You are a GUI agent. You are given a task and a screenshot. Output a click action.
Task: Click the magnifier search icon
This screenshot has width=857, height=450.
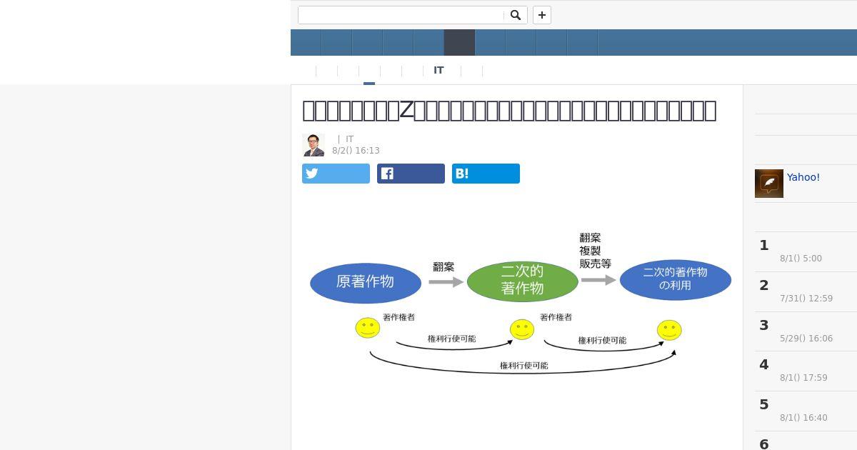(x=515, y=15)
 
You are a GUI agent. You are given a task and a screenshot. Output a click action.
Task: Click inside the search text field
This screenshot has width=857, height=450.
(x=401, y=15)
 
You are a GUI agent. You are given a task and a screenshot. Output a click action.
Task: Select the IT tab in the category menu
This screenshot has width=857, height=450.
(x=438, y=70)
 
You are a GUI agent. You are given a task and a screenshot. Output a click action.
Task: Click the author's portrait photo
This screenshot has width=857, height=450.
(x=314, y=145)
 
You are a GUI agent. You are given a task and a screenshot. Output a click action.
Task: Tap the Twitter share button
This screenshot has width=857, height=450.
(x=336, y=174)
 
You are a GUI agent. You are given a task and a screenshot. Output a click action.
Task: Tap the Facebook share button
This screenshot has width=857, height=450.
(x=411, y=174)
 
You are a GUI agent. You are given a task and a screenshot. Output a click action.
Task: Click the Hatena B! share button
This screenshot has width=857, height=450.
(x=486, y=174)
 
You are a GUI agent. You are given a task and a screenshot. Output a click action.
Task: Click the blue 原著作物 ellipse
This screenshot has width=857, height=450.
(x=366, y=283)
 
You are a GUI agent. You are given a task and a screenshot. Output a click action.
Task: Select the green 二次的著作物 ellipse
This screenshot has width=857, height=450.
(x=522, y=281)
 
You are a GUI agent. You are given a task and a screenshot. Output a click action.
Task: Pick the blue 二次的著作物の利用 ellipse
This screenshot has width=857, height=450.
(x=675, y=279)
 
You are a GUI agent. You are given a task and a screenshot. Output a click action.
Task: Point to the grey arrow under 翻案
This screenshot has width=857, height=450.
(x=446, y=282)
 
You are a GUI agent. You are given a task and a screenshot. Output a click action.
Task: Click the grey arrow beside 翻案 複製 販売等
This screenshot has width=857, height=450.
(x=598, y=280)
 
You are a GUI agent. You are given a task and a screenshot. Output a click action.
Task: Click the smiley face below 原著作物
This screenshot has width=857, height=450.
(x=368, y=328)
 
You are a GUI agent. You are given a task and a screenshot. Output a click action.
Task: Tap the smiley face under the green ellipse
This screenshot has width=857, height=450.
(x=522, y=329)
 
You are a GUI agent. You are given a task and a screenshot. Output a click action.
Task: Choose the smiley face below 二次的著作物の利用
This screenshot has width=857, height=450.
(x=669, y=330)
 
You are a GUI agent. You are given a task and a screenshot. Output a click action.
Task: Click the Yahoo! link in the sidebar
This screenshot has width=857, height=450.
(x=803, y=177)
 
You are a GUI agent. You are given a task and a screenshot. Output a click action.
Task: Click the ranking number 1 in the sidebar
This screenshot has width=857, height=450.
(x=764, y=246)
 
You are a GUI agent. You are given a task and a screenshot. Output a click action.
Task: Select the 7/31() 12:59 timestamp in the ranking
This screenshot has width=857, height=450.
(x=806, y=299)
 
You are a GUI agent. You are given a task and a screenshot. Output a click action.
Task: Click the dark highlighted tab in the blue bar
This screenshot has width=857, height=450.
(x=459, y=43)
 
